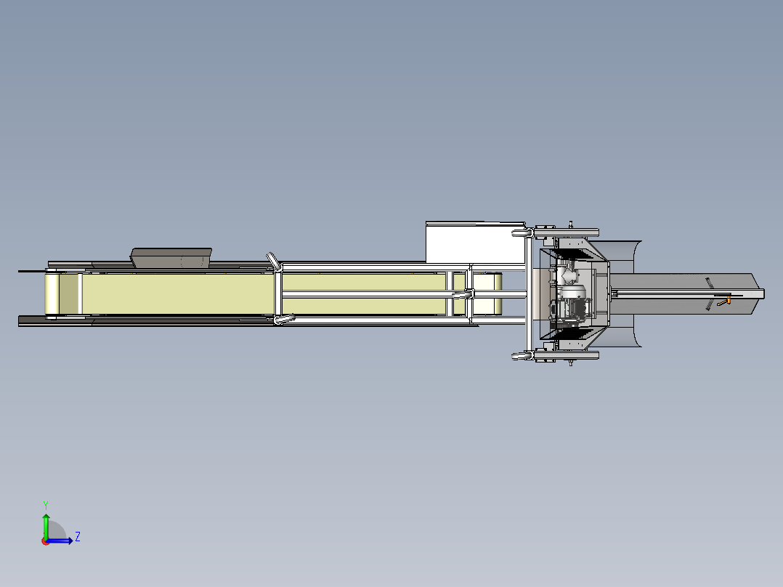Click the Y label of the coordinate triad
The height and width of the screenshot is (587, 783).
[46, 506]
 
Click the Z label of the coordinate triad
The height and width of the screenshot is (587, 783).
[78, 537]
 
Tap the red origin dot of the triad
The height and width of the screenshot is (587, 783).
[46, 541]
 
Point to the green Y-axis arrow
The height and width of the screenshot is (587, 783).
[46, 526]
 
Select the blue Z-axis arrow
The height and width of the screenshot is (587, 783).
[60, 541]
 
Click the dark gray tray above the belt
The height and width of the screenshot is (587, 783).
[171, 258]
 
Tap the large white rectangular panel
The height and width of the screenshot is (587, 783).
[475, 243]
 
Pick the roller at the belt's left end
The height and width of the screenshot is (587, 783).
[52, 293]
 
